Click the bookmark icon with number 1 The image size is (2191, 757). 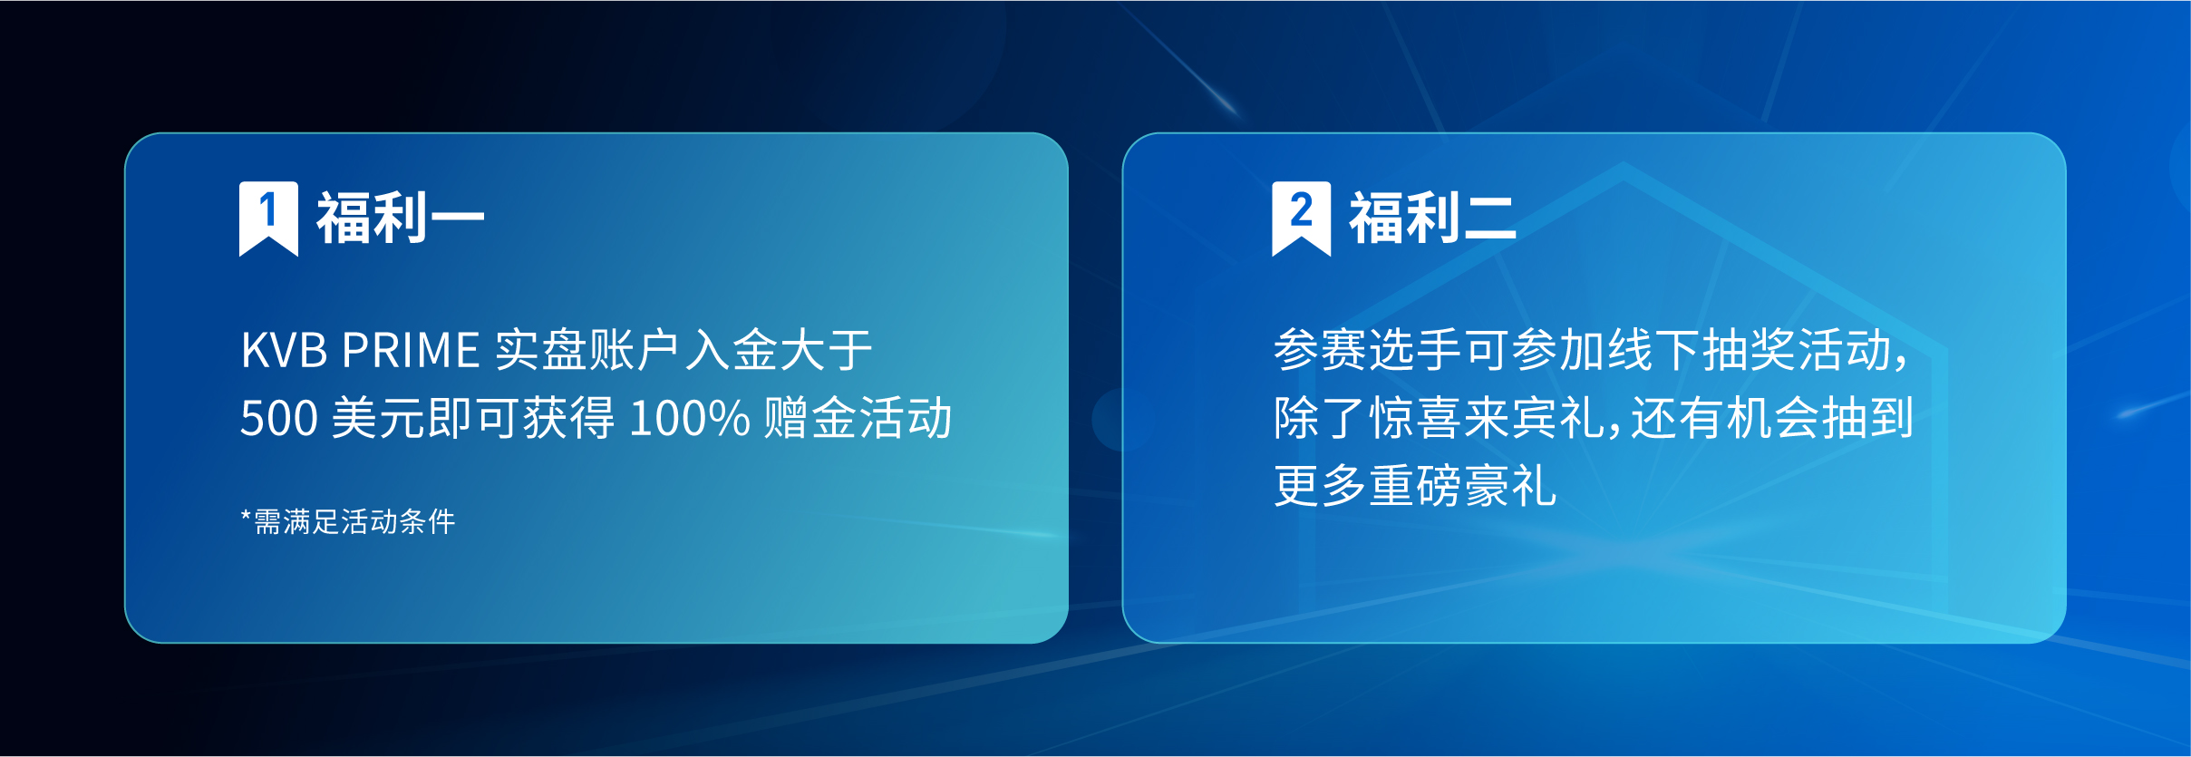pyautogui.click(x=268, y=218)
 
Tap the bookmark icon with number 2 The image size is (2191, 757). pyautogui.click(x=1301, y=218)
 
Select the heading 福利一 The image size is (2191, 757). pyautogui.click(x=400, y=218)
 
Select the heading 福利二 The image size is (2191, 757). pyautogui.click(x=1432, y=218)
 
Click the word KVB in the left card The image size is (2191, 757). pyautogui.click(x=284, y=351)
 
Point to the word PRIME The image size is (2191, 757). pyautogui.click(x=411, y=351)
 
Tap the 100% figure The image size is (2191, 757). pyautogui.click(x=689, y=419)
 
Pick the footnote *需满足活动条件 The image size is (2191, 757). pyautogui.click(x=348, y=522)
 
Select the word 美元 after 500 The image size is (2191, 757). pyautogui.click(x=378, y=419)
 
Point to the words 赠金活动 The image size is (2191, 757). pyautogui.click(x=858, y=419)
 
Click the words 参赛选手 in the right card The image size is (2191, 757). pyautogui.click(x=1368, y=351)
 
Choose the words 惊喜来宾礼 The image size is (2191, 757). pyautogui.click(x=1488, y=419)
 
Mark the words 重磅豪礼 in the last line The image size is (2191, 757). pyautogui.click(x=1463, y=487)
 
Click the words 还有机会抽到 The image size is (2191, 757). pyautogui.click(x=1772, y=419)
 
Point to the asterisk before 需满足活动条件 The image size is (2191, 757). pyautogui.click(x=246, y=517)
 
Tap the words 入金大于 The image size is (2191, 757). pyautogui.click(x=779, y=351)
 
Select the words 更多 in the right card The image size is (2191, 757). pyautogui.click(x=1321, y=487)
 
